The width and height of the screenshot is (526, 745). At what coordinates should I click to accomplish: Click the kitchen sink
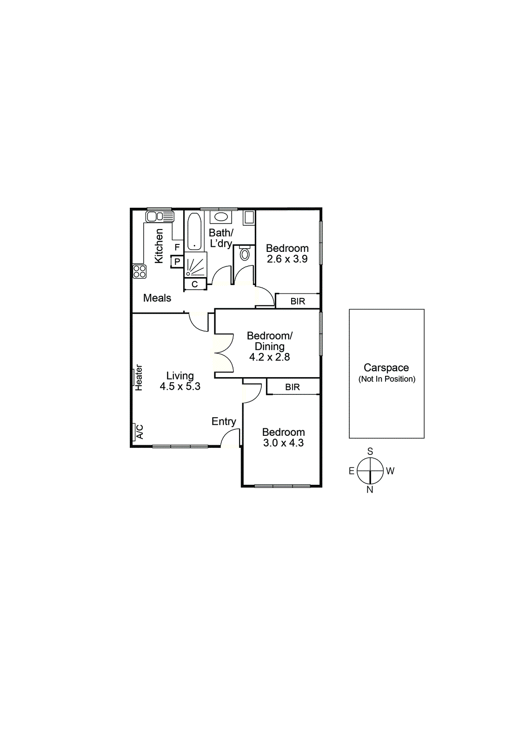coord(160,217)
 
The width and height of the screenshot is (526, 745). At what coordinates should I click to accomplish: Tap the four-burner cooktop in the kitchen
coord(140,271)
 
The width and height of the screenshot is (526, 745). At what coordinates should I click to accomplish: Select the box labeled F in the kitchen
coord(177,247)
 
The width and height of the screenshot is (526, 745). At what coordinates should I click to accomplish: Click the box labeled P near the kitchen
coord(177,262)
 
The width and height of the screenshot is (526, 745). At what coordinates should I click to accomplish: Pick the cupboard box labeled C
coord(195,284)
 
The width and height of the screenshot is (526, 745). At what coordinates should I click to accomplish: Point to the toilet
coord(245,254)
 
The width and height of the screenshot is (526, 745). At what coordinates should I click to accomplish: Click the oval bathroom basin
coord(221,217)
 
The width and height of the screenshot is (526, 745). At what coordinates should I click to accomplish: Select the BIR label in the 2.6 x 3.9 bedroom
coord(298,301)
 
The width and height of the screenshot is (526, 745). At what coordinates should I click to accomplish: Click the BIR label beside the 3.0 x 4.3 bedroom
coord(293,387)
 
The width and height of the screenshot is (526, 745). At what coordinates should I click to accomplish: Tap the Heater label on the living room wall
coord(139,377)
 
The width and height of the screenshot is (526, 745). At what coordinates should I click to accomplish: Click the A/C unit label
coord(139,432)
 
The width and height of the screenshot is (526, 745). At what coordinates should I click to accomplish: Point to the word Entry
coord(224,421)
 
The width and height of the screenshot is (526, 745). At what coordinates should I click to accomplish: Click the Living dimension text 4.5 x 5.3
coord(180,386)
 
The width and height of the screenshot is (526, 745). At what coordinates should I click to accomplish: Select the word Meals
coord(157,298)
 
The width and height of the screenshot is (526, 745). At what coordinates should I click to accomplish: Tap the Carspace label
coord(386,368)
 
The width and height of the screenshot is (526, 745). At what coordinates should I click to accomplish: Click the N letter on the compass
coord(370,489)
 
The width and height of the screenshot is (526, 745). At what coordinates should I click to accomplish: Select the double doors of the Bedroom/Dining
coord(223,352)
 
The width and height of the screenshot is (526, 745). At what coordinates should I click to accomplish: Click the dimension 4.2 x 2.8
coord(269,357)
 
